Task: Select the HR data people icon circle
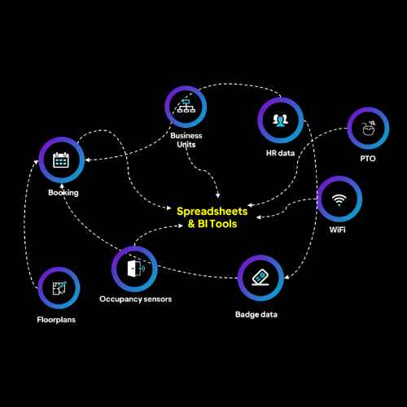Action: coord(280,120)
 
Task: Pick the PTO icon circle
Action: coord(368,129)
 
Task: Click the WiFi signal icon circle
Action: coord(338,199)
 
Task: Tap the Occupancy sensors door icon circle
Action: coord(133,269)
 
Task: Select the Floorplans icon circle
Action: coord(59,288)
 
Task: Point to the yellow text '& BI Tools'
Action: coord(207,223)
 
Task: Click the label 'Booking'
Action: coord(63,193)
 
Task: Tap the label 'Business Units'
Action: coord(186,139)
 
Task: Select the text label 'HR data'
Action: coord(280,153)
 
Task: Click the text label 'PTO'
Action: coord(368,159)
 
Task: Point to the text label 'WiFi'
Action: coord(338,231)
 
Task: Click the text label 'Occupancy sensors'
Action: coord(135,299)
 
